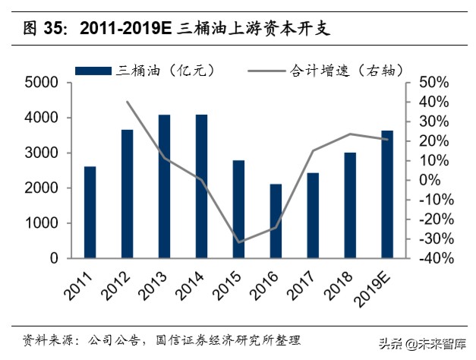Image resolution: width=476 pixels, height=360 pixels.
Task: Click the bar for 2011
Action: click(90, 212)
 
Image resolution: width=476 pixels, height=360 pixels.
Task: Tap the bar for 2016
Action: click(276, 221)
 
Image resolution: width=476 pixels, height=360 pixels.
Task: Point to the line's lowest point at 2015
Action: click(238, 242)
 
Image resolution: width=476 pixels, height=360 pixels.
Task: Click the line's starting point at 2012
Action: click(127, 102)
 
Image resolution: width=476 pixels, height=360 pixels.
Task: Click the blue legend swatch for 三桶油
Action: click(94, 71)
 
